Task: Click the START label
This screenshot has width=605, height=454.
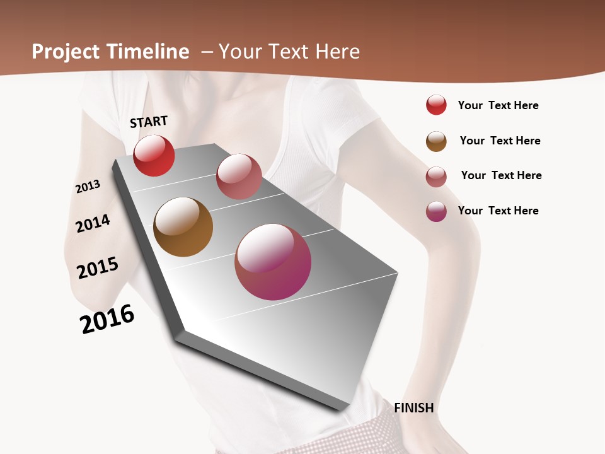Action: pyautogui.click(x=149, y=122)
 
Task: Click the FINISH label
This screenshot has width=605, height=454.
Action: pyautogui.click(x=413, y=408)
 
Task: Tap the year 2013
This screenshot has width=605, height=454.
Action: pyautogui.click(x=88, y=187)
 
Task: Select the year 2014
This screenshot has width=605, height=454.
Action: pyautogui.click(x=93, y=223)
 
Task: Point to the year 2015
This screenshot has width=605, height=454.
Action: pyautogui.click(x=98, y=268)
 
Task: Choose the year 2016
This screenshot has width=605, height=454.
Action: pyautogui.click(x=107, y=319)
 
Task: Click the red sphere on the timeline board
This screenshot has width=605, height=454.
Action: pyautogui.click(x=154, y=156)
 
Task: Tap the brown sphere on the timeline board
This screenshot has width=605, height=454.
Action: pyautogui.click(x=183, y=227)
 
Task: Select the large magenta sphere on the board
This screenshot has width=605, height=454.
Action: pyautogui.click(x=273, y=262)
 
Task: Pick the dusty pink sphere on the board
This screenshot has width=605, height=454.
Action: pyautogui.click(x=239, y=177)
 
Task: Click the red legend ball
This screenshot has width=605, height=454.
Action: pyautogui.click(x=436, y=105)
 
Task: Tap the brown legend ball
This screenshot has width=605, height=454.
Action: pyautogui.click(x=436, y=141)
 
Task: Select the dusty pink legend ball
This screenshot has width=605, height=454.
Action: pyautogui.click(x=436, y=177)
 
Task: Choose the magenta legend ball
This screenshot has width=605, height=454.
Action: pyautogui.click(x=436, y=211)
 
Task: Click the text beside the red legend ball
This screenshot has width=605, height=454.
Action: pyautogui.click(x=498, y=105)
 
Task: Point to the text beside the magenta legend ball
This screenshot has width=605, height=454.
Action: pyautogui.click(x=498, y=211)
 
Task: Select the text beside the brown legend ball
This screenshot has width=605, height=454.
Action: pyautogui.click(x=500, y=141)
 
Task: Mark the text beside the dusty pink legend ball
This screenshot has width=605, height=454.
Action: pyautogui.click(x=501, y=175)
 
